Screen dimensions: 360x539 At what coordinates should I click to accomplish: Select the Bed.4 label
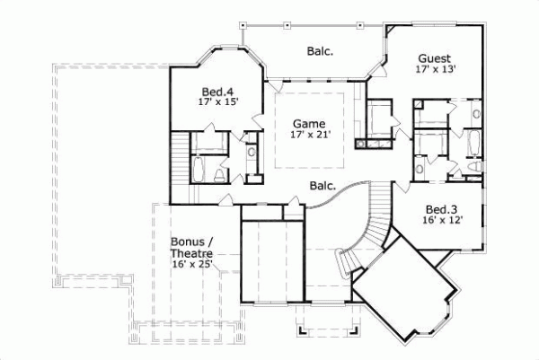point(216,91)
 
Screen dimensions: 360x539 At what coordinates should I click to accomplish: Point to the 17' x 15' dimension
point(216,102)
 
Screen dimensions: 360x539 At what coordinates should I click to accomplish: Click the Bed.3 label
point(443,207)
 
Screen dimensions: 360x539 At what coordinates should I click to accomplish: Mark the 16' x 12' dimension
point(443,220)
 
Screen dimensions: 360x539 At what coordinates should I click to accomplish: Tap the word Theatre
point(191,254)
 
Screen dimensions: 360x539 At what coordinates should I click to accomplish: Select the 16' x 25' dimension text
point(193,267)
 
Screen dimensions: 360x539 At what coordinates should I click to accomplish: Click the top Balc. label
point(320,51)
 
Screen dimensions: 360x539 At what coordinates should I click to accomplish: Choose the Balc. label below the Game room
point(323,186)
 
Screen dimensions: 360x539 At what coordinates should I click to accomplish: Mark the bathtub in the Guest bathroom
point(473,144)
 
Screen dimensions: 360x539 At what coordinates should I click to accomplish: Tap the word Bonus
point(189,241)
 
